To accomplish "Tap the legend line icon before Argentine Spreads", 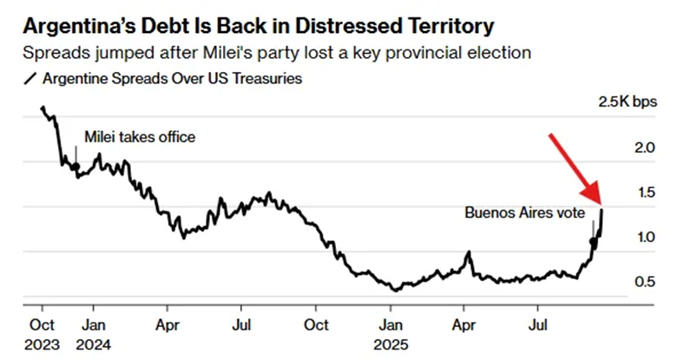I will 33,80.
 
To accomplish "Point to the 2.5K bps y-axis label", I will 628,103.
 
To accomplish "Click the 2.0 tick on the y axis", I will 643,148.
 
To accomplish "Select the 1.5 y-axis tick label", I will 643,193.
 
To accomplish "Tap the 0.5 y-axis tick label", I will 643,281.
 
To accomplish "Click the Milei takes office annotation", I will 140,137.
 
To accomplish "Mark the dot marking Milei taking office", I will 76,166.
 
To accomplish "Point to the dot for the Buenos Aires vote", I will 594,241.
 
